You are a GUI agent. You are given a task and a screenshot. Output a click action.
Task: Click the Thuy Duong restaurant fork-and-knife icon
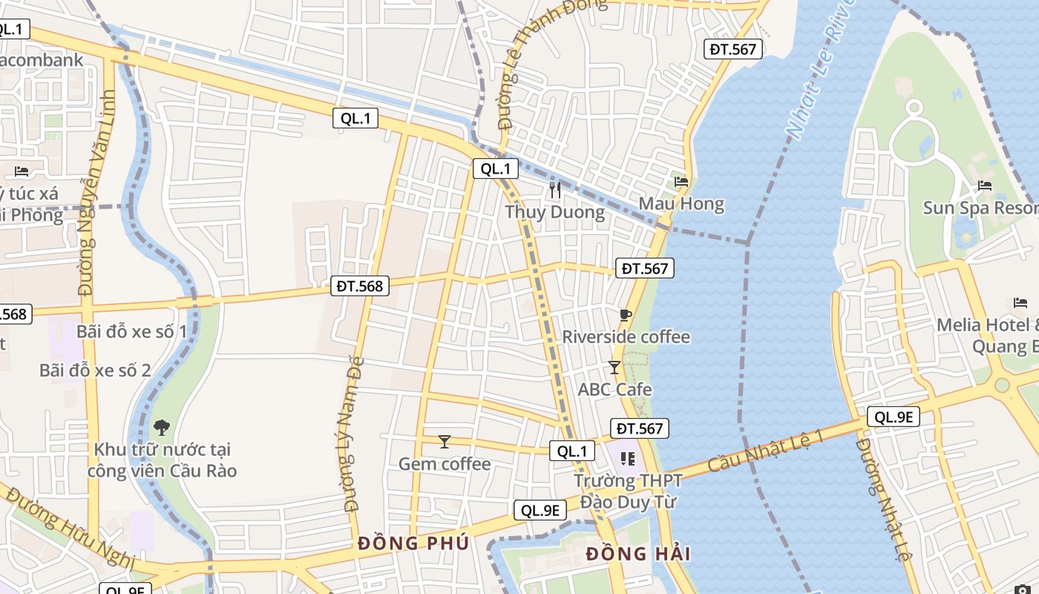(554, 190)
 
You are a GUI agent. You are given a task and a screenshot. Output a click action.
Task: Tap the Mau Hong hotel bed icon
(681, 181)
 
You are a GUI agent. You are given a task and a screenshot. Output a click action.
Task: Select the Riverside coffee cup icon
(626, 315)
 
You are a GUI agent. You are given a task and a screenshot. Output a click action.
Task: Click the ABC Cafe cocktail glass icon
(614, 367)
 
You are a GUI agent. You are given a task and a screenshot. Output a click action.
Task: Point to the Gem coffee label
(445, 464)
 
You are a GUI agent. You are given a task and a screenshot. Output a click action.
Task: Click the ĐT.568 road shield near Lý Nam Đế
(360, 285)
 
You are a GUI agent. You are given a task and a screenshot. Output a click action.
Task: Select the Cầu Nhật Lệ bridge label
(766, 450)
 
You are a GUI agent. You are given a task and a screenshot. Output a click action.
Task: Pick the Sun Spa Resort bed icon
(985, 185)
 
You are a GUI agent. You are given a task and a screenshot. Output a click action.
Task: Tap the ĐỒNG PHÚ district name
(413, 544)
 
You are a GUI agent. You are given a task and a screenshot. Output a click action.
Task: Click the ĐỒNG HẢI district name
(638, 554)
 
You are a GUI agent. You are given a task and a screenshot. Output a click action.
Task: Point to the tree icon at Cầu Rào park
(162, 427)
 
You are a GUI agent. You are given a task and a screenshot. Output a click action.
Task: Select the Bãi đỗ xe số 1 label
(132, 331)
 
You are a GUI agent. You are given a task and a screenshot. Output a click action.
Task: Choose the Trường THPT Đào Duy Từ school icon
(628, 459)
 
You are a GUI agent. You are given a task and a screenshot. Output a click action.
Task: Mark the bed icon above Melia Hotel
(1020, 302)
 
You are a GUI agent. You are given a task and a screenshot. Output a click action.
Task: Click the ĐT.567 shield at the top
(732, 49)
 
